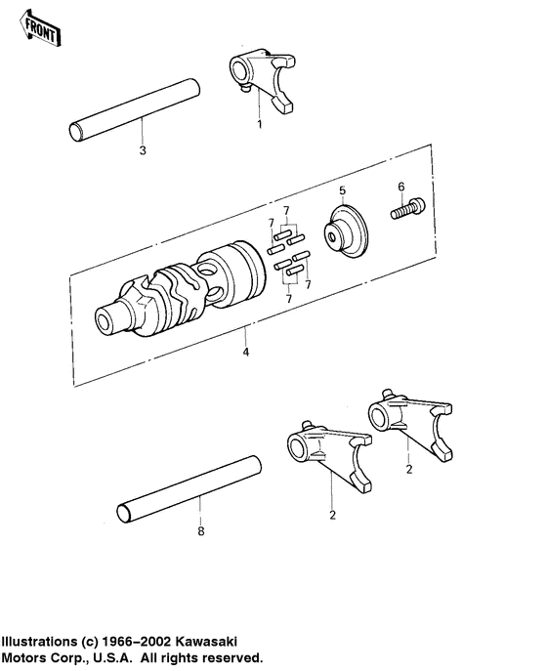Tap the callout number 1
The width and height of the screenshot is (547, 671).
tap(259, 125)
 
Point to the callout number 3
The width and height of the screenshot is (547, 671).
tap(143, 150)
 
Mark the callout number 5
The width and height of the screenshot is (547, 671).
tap(342, 189)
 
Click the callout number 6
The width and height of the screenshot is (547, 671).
tap(400, 186)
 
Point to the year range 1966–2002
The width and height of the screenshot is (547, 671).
tap(136, 642)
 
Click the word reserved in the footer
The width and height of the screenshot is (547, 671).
tap(230, 658)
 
